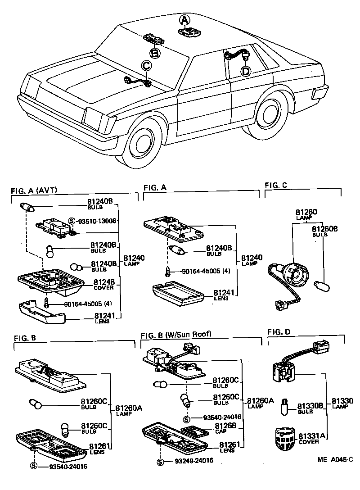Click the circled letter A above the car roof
coord(184,20)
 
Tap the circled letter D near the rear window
coord(245,71)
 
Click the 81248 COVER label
coord(104,284)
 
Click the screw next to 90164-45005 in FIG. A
coord(167,272)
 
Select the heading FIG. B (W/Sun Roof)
coord(175,335)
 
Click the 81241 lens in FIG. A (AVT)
coord(43,312)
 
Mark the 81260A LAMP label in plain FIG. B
coord(128,411)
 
